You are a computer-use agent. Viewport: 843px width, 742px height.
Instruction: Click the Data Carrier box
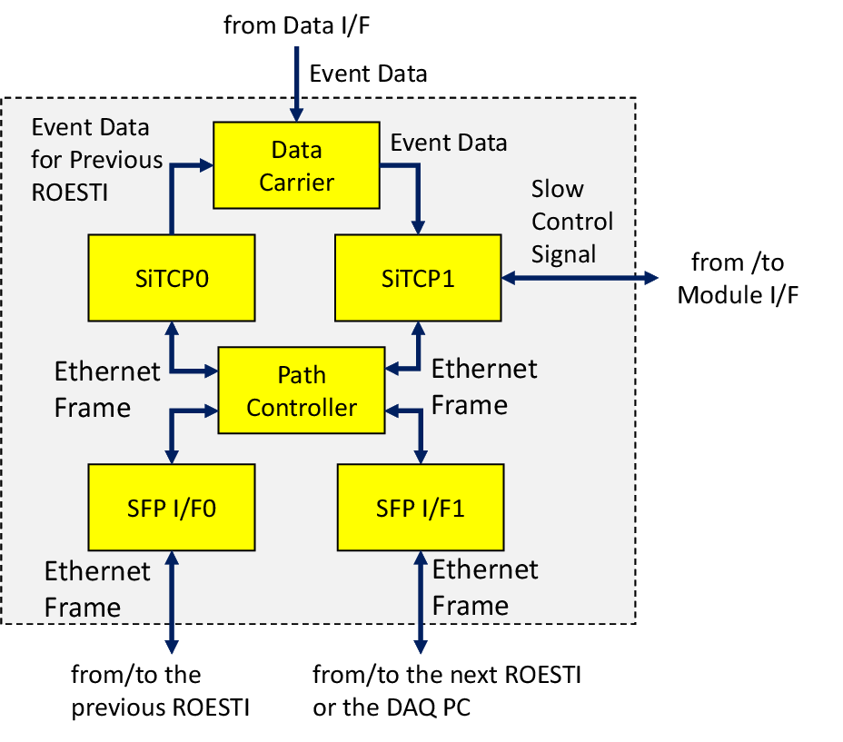[x=296, y=165]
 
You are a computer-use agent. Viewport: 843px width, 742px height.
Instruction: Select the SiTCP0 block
[x=172, y=278]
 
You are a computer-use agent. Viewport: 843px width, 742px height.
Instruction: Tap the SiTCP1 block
[x=418, y=278]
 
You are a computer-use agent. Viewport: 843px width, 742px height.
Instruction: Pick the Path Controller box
[x=302, y=391]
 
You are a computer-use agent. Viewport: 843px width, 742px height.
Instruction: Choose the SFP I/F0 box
[x=172, y=507]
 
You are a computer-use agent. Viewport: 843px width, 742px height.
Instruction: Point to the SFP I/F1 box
[x=421, y=507]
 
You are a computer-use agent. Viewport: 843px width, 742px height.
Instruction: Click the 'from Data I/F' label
[x=297, y=25]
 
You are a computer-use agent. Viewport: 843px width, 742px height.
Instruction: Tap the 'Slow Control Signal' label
[x=572, y=222]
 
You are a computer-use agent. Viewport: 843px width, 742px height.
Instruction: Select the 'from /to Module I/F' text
[x=738, y=279]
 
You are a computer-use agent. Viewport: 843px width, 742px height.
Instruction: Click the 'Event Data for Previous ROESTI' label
[x=97, y=160]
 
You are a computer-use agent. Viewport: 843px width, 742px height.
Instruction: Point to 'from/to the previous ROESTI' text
[x=160, y=691]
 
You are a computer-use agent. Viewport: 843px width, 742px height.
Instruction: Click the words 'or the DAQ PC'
[x=392, y=707]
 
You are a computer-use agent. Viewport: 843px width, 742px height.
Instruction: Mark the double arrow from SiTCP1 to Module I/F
[x=580, y=278]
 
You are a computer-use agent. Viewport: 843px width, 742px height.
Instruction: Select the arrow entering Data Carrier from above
[x=296, y=84]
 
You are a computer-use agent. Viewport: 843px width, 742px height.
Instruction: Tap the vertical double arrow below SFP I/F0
[x=172, y=602]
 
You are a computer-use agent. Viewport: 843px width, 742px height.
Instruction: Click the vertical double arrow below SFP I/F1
[x=421, y=602]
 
